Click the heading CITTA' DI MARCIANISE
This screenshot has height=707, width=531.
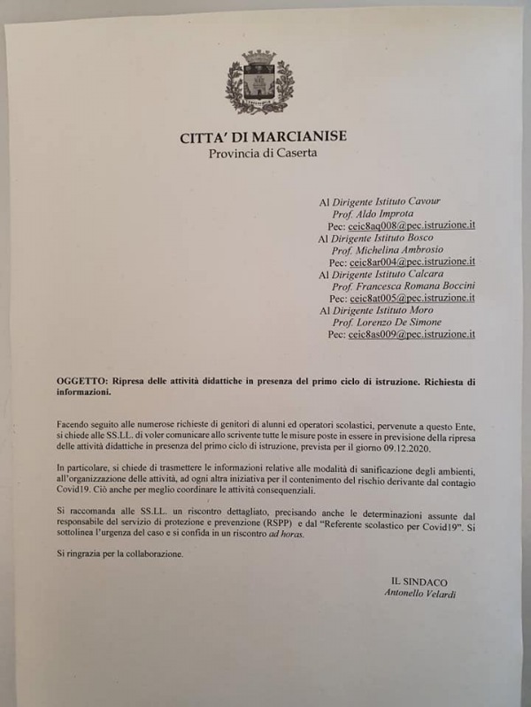pyautogui.click(x=264, y=137)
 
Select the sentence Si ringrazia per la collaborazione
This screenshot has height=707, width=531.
pyautogui.click(x=119, y=554)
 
